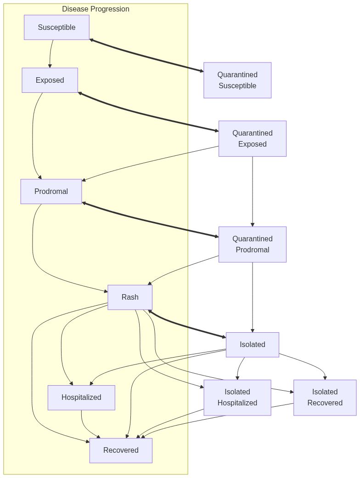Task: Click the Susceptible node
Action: [x=56, y=27]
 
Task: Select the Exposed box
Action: [x=50, y=80]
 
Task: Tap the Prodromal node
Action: [x=51, y=191]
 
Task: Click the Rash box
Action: [x=130, y=297]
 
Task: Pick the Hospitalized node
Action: [x=81, y=397]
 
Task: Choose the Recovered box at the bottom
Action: [x=121, y=450]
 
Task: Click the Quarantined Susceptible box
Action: [x=237, y=80]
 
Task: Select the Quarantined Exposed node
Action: [x=252, y=138]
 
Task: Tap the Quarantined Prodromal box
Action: [x=252, y=244]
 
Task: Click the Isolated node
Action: [x=252, y=344]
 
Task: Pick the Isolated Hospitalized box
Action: [x=237, y=397]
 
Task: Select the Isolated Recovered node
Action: [x=325, y=397]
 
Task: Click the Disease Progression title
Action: [x=96, y=9]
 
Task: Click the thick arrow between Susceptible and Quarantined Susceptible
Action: [x=146, y=56]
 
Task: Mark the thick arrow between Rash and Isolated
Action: [x=187, y=325]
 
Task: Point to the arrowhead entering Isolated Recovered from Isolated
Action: [x=325, y=377]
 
